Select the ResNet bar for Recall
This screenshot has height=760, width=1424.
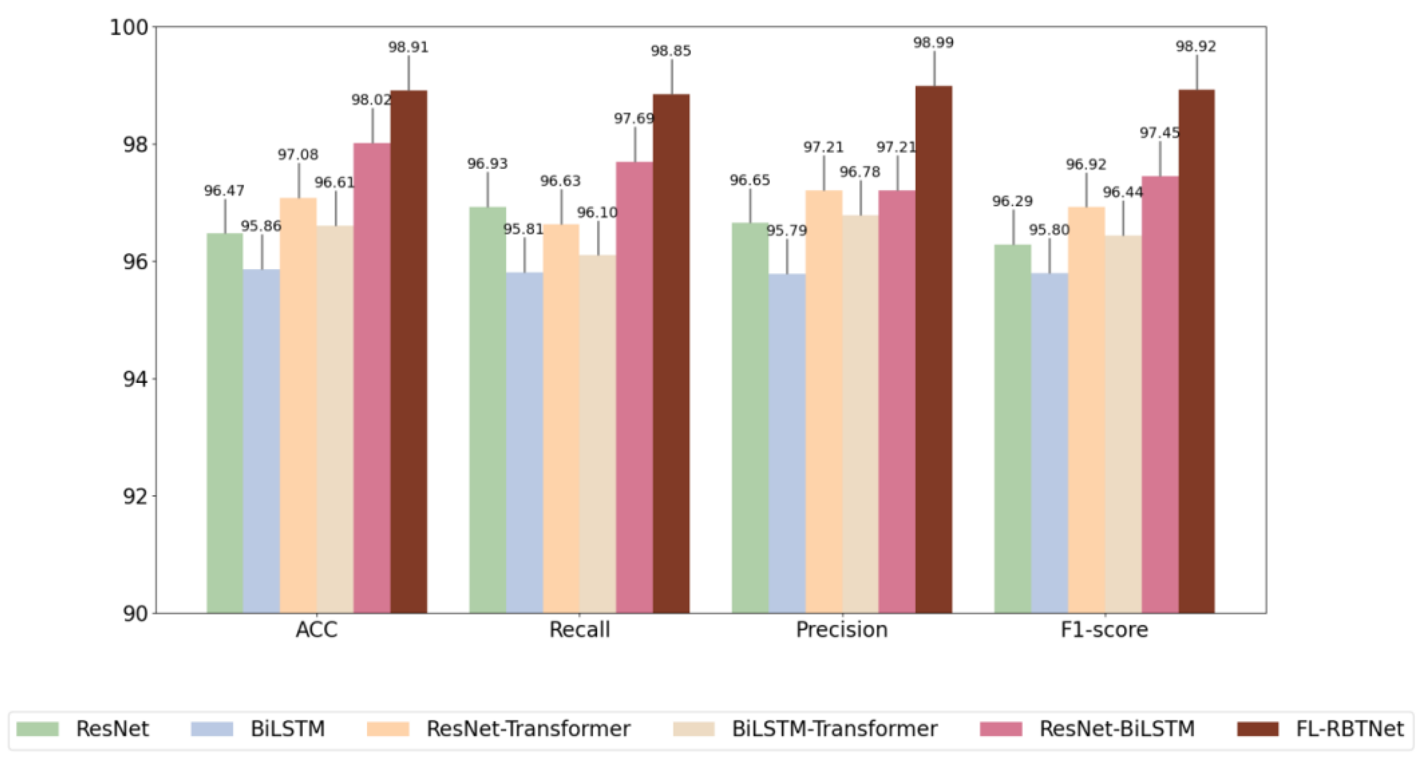click(x=488, y=409)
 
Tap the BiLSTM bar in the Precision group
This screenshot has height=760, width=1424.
click(x=787, y=443)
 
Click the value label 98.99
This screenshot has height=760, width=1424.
click(x=933, y=43)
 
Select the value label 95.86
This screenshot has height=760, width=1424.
click(x=261, y=226)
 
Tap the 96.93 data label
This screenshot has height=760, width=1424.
click(x=487, y=164)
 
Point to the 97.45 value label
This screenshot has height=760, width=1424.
click(x=1159, y=133)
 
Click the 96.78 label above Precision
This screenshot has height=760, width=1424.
click(x=859, y=173)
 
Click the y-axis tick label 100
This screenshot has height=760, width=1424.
click(x=129, y=27)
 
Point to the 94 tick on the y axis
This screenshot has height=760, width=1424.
click(x=135, y=380)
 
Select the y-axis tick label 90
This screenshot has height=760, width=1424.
click(x=135, y=614)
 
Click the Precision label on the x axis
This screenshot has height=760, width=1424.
click(x=841, y=630)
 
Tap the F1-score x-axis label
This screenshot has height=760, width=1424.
click(x=1104, y=630)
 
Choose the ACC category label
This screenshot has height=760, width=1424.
click(x=316, y=630)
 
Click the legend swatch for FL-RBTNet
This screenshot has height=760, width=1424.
click(x=1258, y=729)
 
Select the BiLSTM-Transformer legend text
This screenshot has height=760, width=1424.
click(x=834, y=729)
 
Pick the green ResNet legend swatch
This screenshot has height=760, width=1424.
click(x=38, y=729)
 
